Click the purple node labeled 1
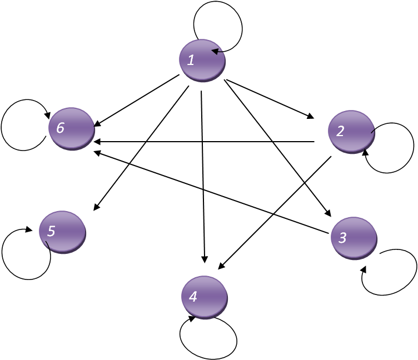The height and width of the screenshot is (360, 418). pyautogui.click(x=202, y=61)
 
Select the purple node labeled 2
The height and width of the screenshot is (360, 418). pyautogui.click(x=351, y=132)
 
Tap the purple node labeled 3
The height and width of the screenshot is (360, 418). pyautogui.click(x=354, y=238)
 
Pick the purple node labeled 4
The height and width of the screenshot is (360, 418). pyautogui.click(x=205, y=297)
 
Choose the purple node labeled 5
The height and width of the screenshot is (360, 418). pyautogui.click(x=62, y=232)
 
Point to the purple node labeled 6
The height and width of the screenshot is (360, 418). pyautogui.click(x=72, y=128)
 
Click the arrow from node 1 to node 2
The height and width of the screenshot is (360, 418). pyautogui.click(x=270, y=99)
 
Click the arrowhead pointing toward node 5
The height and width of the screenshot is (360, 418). pyautogui.click(x=96, y=207)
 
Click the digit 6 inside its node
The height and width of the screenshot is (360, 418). pyautogui.click(x=60, y=127)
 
